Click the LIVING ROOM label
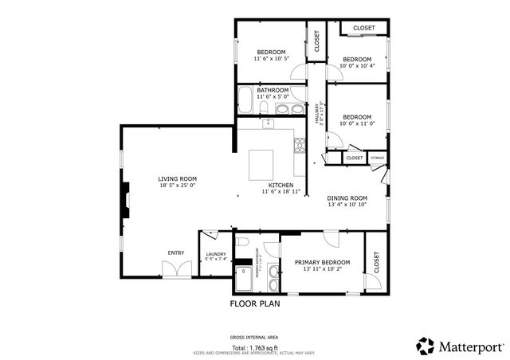pyautogui.click(x=177, y=178)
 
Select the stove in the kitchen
pyautogui.click(x=300, y=146)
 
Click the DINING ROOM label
pyautogui.click(x=347, y=198)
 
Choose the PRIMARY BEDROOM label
pyautogui.click(x=322, y=262)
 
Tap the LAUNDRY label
pyautogui.click(x=216, y=254)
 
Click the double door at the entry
pyautogui.click(x=182, y=269)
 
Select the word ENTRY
pyautogui.click(x=175, y=253)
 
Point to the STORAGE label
pyautogui.click(x=377, y=158)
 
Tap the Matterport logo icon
pyautogui.click(x=426, y=346)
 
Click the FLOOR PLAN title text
pyautogui.click(x=255, y=303)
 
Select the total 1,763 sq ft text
pyautogui.click(x=254, y=348)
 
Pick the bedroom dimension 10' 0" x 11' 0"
pyautogui.click(x=357, y=123)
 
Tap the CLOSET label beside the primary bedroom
pyautogui.click(x=376, y=262)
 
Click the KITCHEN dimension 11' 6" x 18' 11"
pyautogui.click(x=281, y=192)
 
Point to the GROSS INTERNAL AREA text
pyautogui.click(x=254, y=338)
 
